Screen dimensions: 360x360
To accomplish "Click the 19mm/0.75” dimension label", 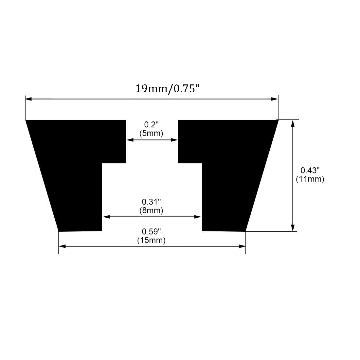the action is point(167,89).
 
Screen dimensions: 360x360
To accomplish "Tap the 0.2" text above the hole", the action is point(151,125).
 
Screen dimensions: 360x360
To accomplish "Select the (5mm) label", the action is point(151,133).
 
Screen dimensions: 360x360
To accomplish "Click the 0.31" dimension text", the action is point(151,202).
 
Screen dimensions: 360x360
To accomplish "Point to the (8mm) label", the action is point(151,210).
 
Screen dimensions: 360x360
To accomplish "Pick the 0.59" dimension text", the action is point(151,232).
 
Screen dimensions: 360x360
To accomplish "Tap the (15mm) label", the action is point(151,241).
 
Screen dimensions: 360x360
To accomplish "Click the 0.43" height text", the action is point(310,171).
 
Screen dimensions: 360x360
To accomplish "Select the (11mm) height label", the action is point(310,179).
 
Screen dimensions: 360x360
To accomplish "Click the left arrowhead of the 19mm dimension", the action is point(28,99).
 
